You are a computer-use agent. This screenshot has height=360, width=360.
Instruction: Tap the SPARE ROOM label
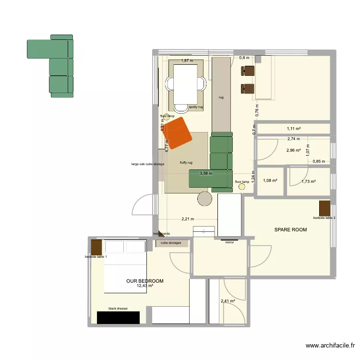(x=290, y=230)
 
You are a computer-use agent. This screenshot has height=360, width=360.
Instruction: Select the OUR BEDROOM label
(x=144, y=281)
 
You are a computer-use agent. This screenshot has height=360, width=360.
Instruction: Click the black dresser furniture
(x=118, y=317)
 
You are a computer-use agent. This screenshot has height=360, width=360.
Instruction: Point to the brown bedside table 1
(x=96, y=247)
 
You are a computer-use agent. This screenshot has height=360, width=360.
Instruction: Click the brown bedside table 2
(x=324, y=208)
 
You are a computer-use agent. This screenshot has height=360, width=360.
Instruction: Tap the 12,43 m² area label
(x=144, y=286)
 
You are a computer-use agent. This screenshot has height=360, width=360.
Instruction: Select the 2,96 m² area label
(x=293, y=150)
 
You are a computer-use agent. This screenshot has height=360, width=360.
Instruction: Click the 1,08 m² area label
(x=270, y=180)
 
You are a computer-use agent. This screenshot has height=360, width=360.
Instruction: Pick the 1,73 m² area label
(x=308, y=181)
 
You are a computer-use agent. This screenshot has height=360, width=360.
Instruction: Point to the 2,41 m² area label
(x=228, y=301)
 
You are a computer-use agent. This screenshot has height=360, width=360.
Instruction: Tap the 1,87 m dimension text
(x=187, y=61)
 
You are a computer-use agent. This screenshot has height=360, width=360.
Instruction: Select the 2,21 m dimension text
(x=188, y=219)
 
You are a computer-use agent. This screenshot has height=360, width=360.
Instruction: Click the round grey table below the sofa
(x=205, y=198)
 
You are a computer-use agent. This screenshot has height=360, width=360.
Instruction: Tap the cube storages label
(x=171, y=243)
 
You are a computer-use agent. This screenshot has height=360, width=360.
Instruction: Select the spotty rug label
(x=196, y=107)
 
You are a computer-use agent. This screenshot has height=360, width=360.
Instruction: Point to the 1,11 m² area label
(x=293, y=129)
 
